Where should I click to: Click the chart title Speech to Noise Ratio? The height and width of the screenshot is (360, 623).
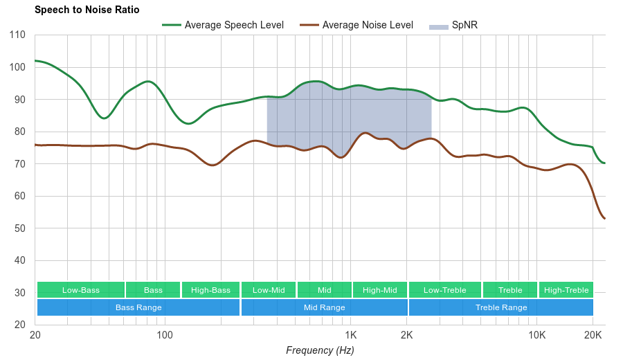click(x=87, y=10)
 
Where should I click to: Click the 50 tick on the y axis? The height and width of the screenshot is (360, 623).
click(x=19, y=228)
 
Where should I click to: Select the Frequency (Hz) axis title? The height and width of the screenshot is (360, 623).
click(x=320, y=350)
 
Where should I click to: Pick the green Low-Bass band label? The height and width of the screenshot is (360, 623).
click(x=81, y=290)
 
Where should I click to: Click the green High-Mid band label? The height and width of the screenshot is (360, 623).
click(x=379, y=290)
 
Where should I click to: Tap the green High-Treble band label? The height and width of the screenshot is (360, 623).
click(x=566, y=290)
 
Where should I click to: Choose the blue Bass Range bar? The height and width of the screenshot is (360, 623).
click(x=138, y=307)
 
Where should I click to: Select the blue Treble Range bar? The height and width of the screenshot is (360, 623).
click(x=501, y=307)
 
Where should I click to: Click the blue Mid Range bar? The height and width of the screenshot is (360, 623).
click(x=324, y=307)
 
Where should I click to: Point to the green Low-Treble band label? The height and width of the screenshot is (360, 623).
click(x=444, y=290)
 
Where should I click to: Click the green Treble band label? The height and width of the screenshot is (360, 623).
click(x=510, y=290)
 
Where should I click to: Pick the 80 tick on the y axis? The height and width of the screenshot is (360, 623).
click(x=19, y=132)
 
